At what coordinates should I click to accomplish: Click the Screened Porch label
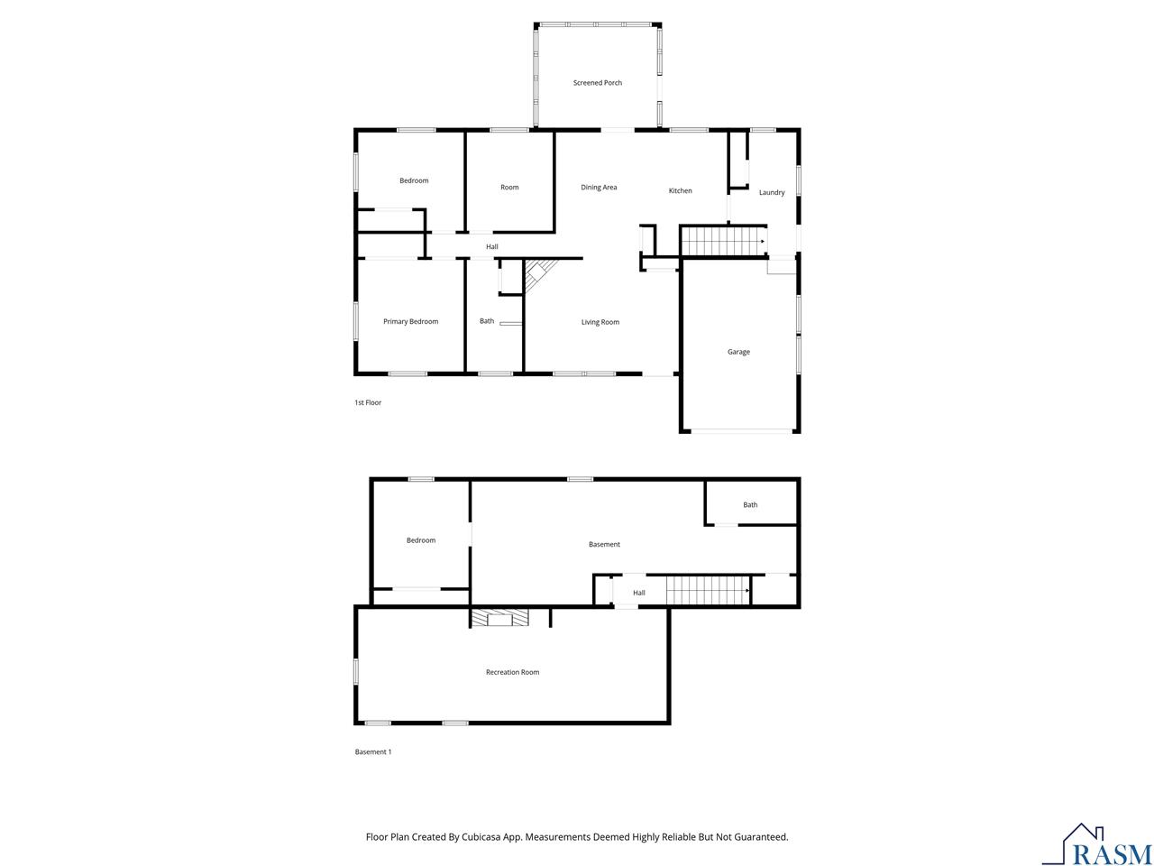[598, 83]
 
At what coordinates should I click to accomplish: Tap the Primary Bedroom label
[410, 322]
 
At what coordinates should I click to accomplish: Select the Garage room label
[738, 352]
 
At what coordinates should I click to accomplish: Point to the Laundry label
[772, 192]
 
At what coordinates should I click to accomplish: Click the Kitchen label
[680, 190]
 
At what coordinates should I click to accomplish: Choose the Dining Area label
[599, 188]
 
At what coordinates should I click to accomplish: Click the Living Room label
[600, 322]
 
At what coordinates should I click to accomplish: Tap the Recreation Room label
[512, 672]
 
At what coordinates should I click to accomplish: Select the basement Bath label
[750, 505]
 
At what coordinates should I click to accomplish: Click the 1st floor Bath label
[487, 321]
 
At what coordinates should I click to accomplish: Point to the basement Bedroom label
[420, 540]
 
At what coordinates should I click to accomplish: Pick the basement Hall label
[638, 593]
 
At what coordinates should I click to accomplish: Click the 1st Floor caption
[368, 402]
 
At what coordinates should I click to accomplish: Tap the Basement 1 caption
[373, 751]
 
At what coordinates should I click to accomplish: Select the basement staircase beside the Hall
[709, 592]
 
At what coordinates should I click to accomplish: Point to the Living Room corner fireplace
[540, 274]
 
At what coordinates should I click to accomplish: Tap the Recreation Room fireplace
[499, 618]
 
